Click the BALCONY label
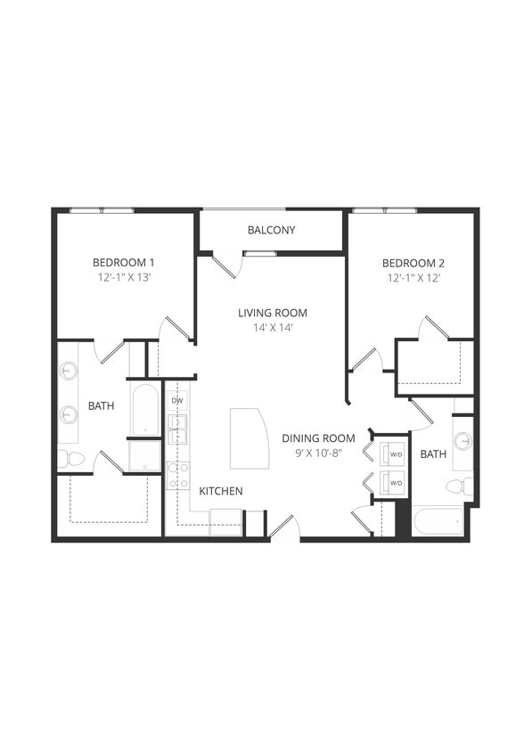pyautogui.click(x=272, y=230)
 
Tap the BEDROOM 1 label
pyautogui.click(x=124, y=262)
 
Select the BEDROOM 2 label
pyautogui.click(x=413, y=263)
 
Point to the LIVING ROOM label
pyautogui.click(x=273, y=313)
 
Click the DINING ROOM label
pyautogui.click(x=318, y=438)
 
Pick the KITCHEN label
pyautogui.click(x=220, y=491)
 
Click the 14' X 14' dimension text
pyautogui.click(x=273, y=328)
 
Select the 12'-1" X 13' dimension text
pyautogui.click(x=124, y=278)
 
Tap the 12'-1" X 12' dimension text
pyautogui.click(x=413, y=278)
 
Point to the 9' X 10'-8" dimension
pyautogui.click(x=318, y=454)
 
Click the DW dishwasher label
pyautogui.click(x=176, y=401)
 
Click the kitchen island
pyautogui.click(x=249, y=438)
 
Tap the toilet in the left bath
pyautogui.click(x=71, y=459)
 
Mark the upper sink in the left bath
pyautogui.click(x=70, y=371)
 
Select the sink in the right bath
pyautogui.click(x=462, y=441)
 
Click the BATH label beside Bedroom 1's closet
pyautogui.click(x=101, y=406)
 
